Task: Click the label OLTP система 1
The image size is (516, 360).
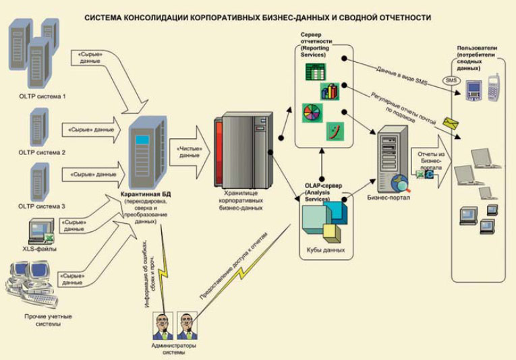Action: click(x=42, y=96)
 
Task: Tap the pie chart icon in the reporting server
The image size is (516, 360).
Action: click(x=314, y=112)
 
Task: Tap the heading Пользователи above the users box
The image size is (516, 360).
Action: click(x=476, y=48)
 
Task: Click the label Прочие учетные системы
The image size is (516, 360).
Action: click(x=48, y=320)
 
